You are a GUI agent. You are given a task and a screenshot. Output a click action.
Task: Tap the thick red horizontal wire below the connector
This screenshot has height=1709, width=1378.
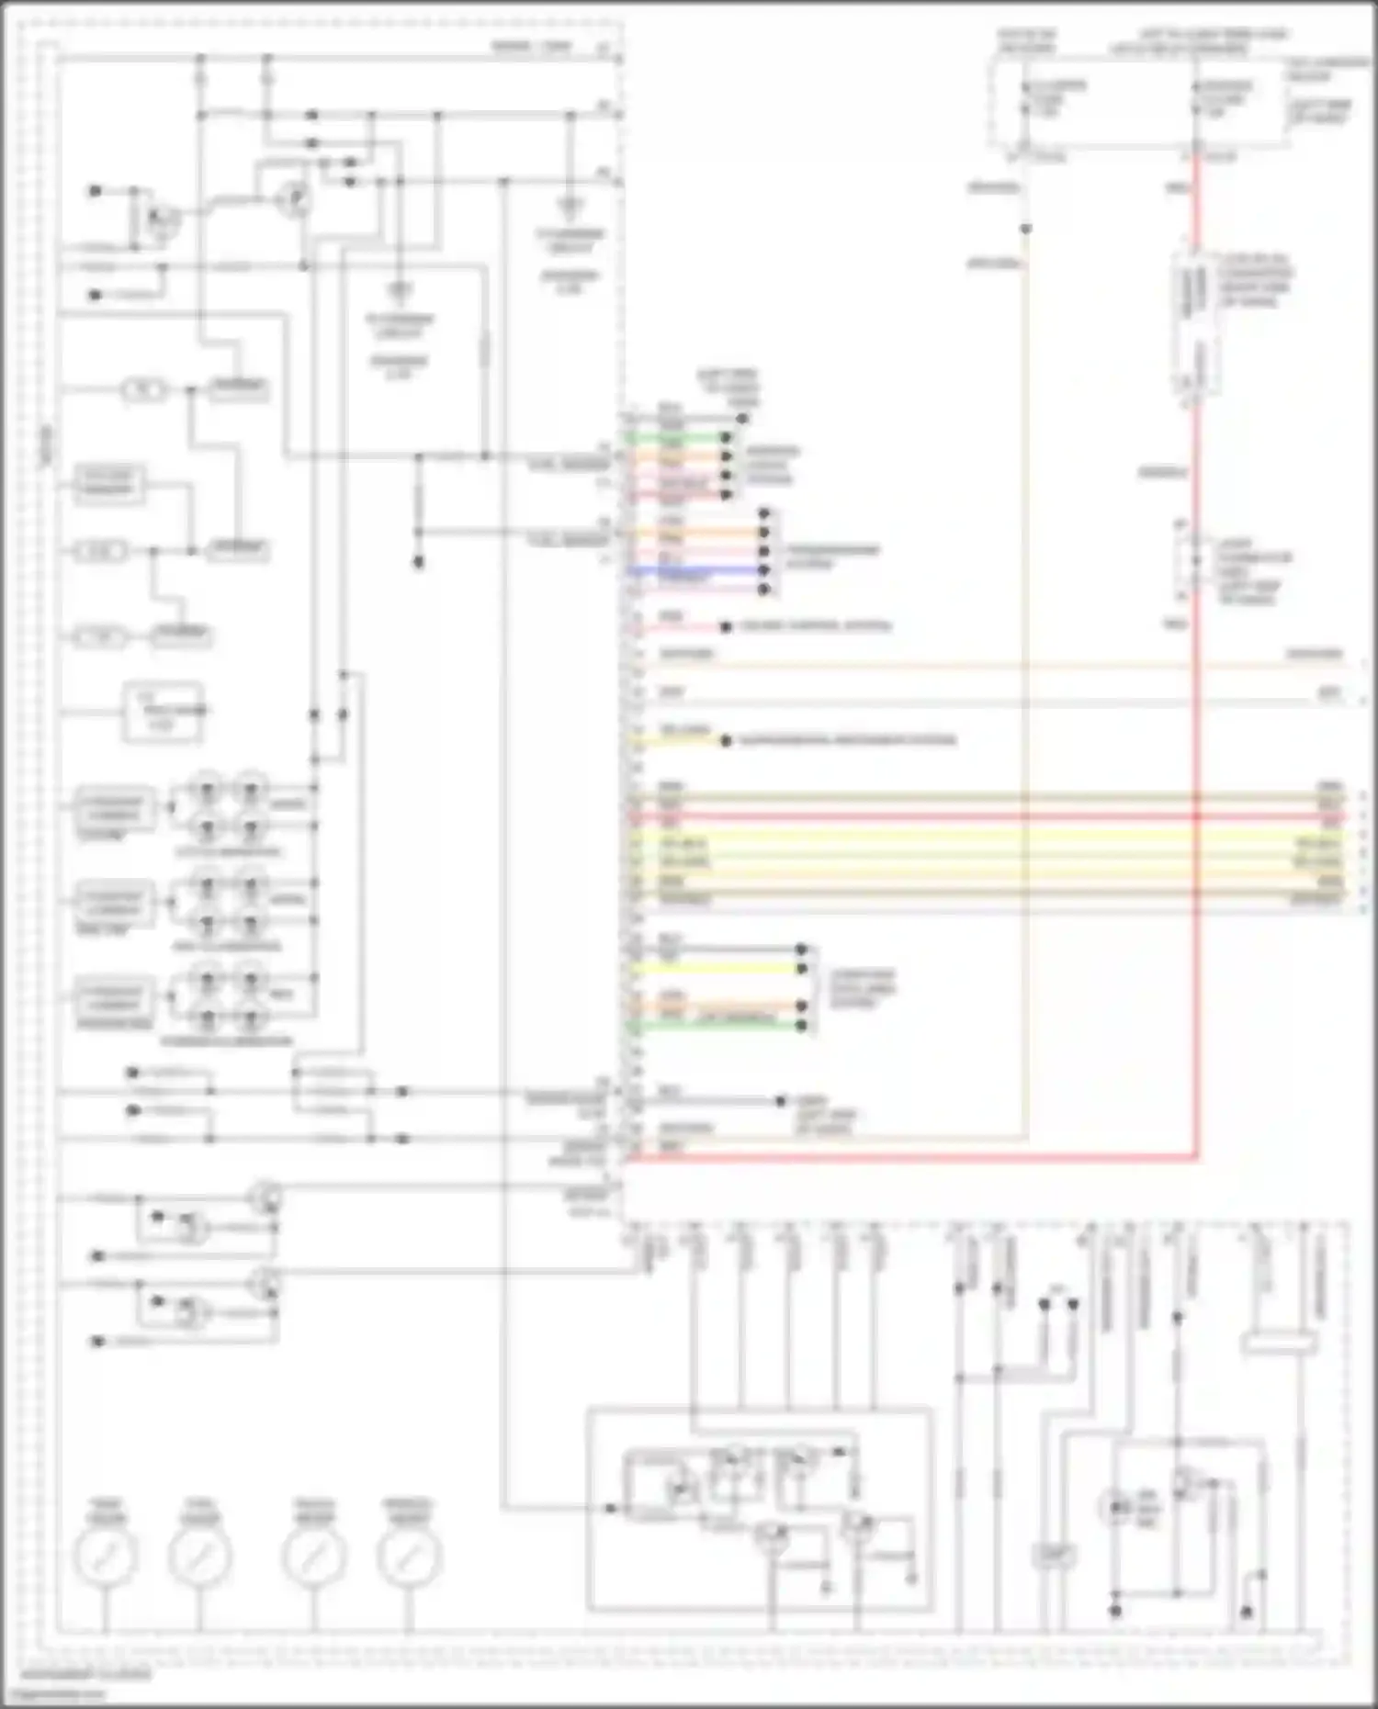pos(909,1158)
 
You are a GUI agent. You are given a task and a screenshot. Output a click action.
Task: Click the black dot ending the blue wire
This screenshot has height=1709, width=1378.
pos(764,570)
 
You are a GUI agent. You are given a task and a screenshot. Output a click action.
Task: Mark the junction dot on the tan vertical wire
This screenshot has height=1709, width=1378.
pos(1026,229)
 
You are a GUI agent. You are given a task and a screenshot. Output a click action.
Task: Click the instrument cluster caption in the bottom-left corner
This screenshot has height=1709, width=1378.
pos(86,1674)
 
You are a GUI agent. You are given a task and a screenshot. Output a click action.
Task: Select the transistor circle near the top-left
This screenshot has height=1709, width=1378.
pos(295,198)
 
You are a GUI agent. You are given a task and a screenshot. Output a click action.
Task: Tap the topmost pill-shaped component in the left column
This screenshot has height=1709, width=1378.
pos(144,390)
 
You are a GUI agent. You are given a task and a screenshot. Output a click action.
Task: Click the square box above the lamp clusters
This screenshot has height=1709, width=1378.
pos(163,712)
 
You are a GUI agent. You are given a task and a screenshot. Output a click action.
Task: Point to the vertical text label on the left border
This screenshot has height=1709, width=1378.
pos(46,447)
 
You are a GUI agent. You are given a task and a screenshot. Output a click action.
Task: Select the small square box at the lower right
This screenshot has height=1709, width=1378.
pos(1053,1555)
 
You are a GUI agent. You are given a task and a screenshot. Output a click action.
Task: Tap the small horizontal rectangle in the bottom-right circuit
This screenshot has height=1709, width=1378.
pos(1279,1344)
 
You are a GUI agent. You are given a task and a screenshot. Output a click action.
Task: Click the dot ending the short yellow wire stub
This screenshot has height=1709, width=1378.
pos(726,740)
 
